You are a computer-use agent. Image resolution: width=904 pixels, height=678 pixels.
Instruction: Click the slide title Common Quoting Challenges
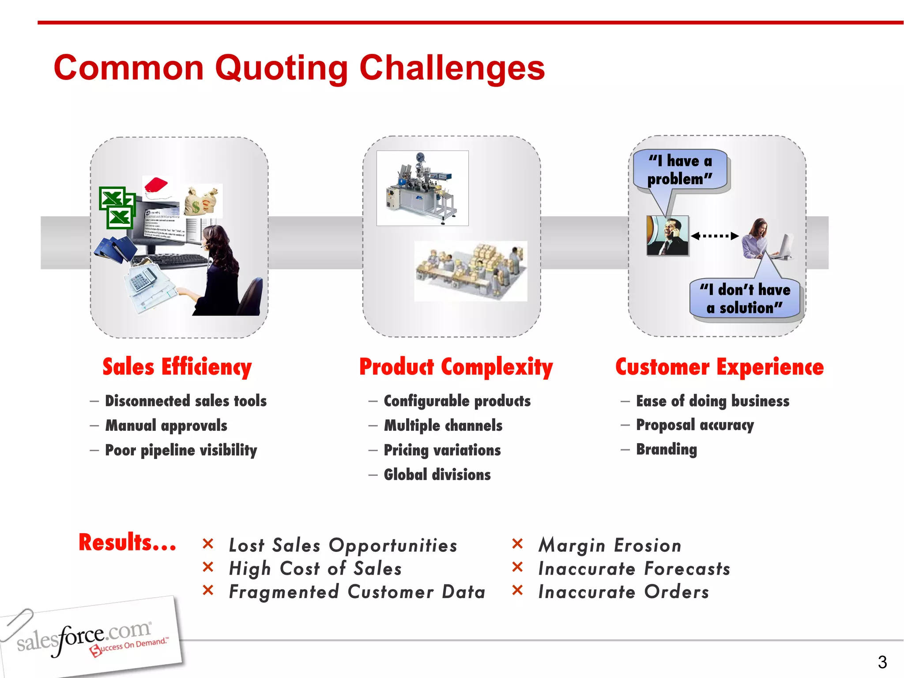point(299,68)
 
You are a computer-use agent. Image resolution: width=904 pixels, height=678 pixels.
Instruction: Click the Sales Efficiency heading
point(177,367)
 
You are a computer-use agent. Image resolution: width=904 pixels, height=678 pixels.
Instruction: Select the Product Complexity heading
point(456,367)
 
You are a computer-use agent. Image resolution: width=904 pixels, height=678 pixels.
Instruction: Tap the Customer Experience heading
point(719,367)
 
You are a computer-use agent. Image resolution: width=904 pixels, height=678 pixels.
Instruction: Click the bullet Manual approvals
point(166,426)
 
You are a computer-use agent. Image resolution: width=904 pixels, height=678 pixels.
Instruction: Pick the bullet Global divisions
point(437,475)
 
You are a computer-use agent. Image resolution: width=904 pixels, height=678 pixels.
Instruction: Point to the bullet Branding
point(666,449)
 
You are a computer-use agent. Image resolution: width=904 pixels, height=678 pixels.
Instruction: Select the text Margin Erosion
point(610,546)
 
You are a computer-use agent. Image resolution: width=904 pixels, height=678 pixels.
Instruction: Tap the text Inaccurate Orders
point(623,592)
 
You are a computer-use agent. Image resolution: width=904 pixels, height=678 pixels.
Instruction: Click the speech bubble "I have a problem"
point(679,170)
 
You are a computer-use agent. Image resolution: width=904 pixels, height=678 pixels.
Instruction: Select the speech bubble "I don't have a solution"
point(745,298)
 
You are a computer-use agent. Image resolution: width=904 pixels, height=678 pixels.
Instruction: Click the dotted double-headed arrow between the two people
point(715,236)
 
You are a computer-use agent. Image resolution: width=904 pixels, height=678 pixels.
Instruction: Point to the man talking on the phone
point(667,235)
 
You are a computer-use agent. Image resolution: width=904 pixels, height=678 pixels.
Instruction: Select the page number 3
point(882,662)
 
